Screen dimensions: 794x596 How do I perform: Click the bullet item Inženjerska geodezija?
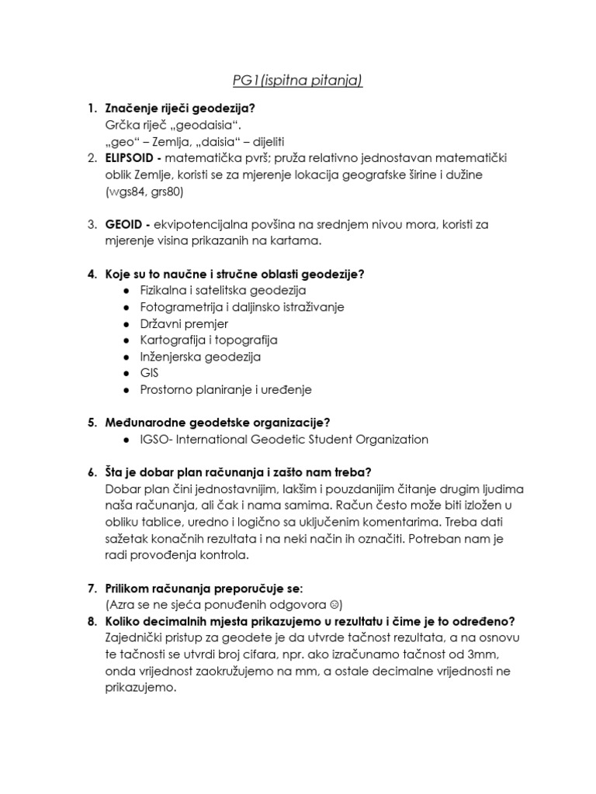coord(200,357)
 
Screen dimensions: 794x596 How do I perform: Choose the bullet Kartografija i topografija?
coord(209,340)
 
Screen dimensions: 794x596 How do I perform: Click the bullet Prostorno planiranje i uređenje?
coord(226,390)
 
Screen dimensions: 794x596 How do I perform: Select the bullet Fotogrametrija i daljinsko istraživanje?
coord(242,307)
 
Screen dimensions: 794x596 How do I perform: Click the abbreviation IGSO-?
coord(158,440)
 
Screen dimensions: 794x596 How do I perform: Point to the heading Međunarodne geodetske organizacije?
coord(217,423)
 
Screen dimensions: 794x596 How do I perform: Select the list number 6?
coord(90,473)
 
